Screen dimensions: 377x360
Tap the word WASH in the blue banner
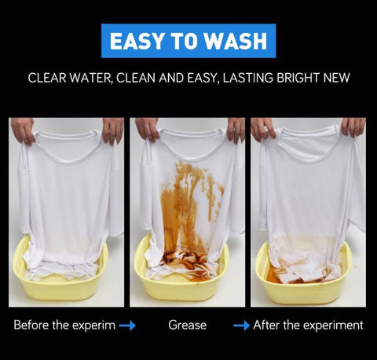236,41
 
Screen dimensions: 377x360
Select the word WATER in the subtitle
91,78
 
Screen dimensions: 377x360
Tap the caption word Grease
188,325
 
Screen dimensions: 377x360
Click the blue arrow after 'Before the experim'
127,325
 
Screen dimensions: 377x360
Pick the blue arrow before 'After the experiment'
241,325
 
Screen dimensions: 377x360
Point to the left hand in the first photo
23,130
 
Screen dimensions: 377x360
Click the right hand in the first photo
113,130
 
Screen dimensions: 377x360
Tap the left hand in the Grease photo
147,129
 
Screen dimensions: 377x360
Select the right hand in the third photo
353,127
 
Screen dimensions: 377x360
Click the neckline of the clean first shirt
68,159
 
